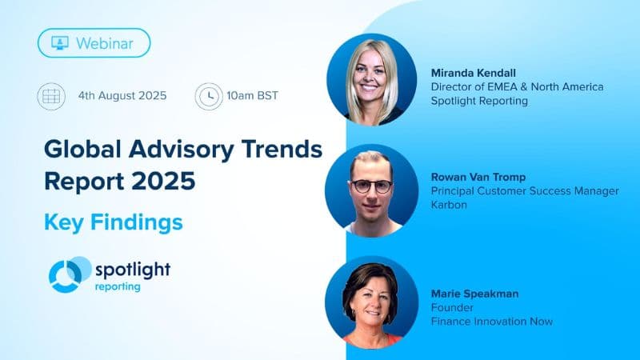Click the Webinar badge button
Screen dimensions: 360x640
pyautogui.click(x=94, y=42)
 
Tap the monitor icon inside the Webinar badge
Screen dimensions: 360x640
pyautogui.click(x=60, y=42)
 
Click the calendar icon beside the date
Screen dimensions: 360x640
pyautogui.click(x=50, y=96)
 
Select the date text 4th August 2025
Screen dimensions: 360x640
pyautogui.click(x=122, y=96)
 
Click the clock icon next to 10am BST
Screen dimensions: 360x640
pyautogui.click(x=208, y=96)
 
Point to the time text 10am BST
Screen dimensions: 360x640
pyautogui.click(x=252, y=96)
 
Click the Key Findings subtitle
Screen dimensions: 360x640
pyautogui.click(x=113, y=221)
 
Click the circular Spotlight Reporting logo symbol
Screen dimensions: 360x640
pyautogui.click(x=68, y=274)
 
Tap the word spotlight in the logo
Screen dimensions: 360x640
pyautogui.click(x=132, y=269)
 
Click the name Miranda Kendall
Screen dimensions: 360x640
pyautogui.click(x=478, y=73)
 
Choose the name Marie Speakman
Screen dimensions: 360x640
pyautogui.click(x=474, y=294)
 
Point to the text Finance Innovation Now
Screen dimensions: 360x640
pyautogui.click(x=491, y=321)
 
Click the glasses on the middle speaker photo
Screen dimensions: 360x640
pyautogui.click(x=371, y=186)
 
